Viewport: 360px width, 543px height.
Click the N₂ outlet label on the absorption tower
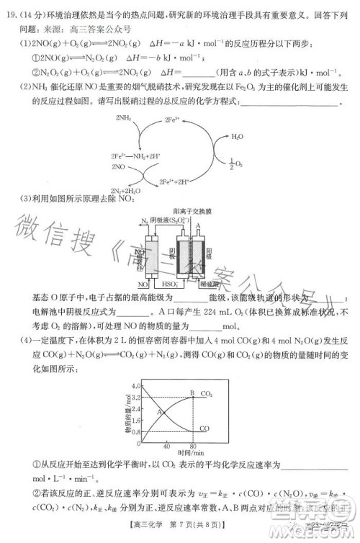144,222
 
